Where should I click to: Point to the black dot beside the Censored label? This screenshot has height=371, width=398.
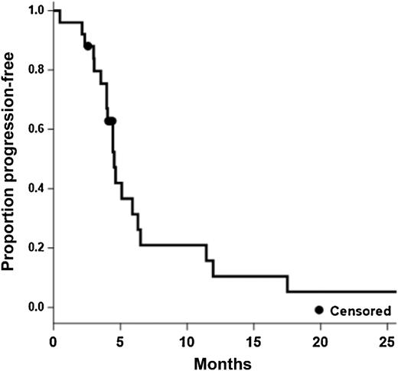[319, 310]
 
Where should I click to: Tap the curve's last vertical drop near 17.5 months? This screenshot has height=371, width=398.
[288, 284]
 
